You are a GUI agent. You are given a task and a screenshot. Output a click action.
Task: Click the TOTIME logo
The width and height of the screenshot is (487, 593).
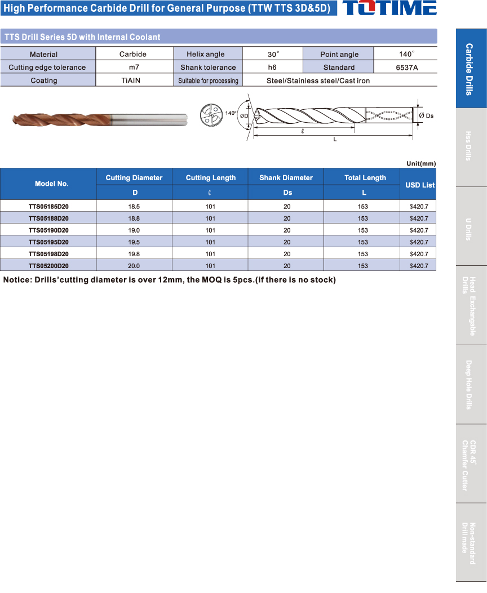[x=389, y=8]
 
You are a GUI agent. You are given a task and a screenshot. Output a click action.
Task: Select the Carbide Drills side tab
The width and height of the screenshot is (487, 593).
[x=471, y=69]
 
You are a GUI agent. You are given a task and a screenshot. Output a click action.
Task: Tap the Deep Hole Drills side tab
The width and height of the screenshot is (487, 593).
[x=471, y=384]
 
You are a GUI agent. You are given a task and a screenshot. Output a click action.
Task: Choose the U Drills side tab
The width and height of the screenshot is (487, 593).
[x=471, y=226]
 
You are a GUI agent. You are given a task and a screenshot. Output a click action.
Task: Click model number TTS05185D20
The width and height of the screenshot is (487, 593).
[x=48, y=207]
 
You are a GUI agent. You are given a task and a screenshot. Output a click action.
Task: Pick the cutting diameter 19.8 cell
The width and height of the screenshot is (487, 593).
[x=134, y=254]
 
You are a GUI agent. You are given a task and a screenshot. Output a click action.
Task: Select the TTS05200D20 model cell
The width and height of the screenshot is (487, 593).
[x=48, y=266]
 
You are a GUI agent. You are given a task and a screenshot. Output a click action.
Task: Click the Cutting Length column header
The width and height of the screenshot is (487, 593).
[x=211, y=178]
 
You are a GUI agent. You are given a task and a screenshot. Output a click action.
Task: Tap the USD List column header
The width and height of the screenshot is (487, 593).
[x=420, y=185]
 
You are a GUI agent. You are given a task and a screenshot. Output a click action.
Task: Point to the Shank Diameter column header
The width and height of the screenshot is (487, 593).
[x=286, y=178]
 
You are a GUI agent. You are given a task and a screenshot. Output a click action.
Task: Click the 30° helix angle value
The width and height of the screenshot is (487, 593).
[x=273, y=55]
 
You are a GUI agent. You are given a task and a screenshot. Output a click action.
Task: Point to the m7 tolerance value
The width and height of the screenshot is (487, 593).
[x=134, y=68]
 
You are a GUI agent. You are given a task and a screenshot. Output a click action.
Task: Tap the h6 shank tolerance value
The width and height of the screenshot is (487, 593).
[x=272, y=68]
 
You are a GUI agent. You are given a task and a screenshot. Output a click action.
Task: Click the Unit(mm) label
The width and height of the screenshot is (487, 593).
[x=421, y=164]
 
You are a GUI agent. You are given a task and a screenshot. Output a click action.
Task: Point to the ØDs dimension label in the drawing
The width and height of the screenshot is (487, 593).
[x=427, y=115]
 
